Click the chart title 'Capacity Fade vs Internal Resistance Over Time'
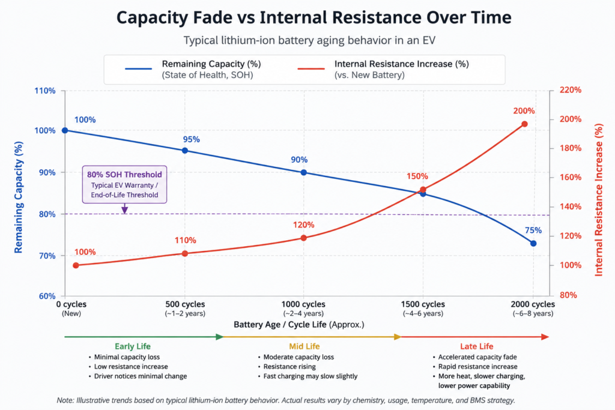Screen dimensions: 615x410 pyautogui.click(x=314, y=17)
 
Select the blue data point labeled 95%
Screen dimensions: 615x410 pyautogui.click(x=185, y=151)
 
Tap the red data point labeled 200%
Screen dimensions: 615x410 pyautogui.click(x=524, y=124)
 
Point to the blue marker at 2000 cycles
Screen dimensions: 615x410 pyautogui.click(x=533, y=243)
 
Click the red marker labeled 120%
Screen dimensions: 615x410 pyautogui.click(x=303, y=238)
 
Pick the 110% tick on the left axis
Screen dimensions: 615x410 pyautogui.click(x=45, y=91)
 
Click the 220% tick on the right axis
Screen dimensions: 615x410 pyautogui.click(x=571, y=90)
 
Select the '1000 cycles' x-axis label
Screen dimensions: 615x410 pyautogui.click(x=303, y=304)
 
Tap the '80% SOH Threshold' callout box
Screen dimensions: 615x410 pyautogui.click(x=124, y=184)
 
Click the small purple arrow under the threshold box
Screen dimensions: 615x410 pyautogui.click(x=124, y=209)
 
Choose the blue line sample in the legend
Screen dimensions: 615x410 pyautogui.click(x=139, y=69)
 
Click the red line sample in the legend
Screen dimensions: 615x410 pyautogui.click(x=311, y=69)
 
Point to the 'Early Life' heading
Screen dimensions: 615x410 pyautogui.click(x=133, y=346)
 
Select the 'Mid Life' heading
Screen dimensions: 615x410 pyautogui.click(x=304, y=346)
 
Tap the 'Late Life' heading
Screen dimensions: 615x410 pyautogui.click(x=476, y=346)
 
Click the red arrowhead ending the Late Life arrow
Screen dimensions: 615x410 pyautogui.click(x=545, y=337)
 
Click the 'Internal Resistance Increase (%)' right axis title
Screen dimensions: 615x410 pyautogui.click(x=599, y=200)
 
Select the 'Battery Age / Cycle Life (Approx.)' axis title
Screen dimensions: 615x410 pyautogui.click(x=299, y=325)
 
